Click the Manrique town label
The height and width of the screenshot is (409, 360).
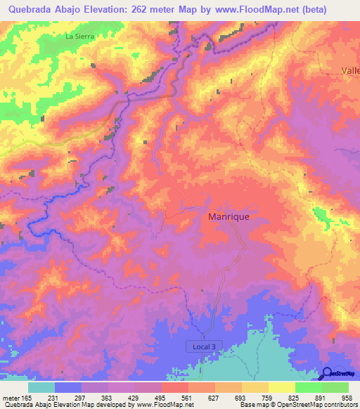click(229, 217)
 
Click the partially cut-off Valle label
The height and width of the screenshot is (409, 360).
click(350, 70)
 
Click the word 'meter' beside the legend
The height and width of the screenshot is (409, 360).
click(11, 398)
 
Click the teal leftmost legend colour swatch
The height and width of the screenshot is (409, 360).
click(41, 388)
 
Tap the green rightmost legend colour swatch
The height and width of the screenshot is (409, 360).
click(335, 388)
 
